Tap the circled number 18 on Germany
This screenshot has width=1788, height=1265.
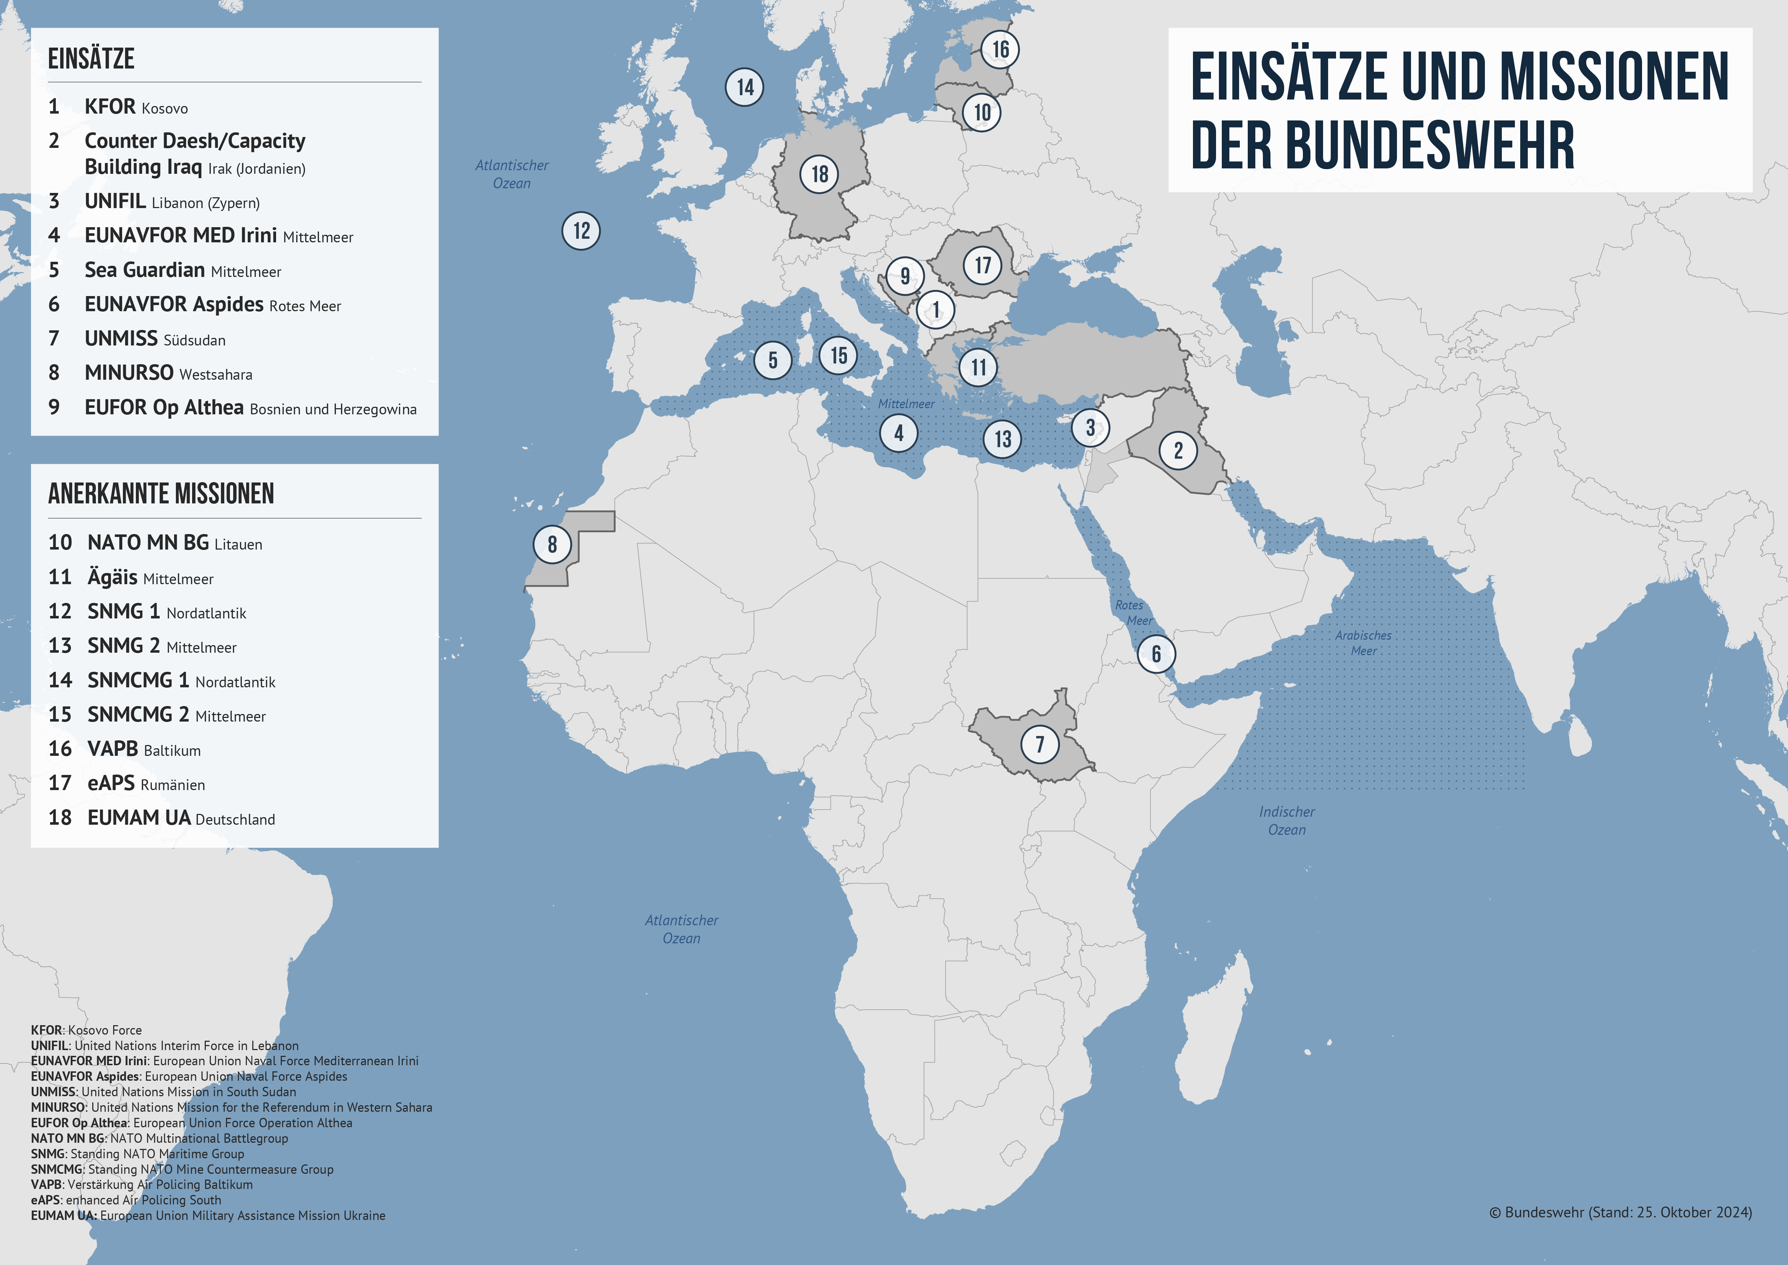coord(819,174)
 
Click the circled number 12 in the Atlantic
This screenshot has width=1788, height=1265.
coord(581,230)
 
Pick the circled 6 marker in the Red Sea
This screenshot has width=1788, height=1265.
coord(1155,653)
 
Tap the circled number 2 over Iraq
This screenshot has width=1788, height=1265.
coord(1178,450)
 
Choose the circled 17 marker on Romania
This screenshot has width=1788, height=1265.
coord(983,266)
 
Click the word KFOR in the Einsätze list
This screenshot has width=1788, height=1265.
coord(110,107)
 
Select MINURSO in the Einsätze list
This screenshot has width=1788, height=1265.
coord(129,373)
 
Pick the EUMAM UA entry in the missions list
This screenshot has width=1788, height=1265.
coord(139,818)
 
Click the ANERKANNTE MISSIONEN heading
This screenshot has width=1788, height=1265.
coord(161,494)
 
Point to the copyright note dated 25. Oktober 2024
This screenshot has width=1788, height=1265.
coord(1620,1213)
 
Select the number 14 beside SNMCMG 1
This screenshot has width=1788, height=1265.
coord(60,681)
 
